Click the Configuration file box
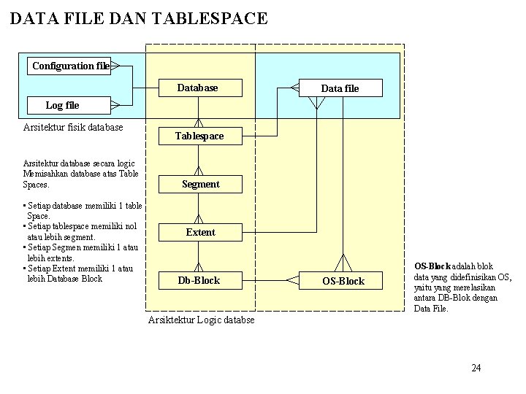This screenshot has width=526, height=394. click(70, 66)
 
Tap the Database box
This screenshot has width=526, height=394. click(198, 88)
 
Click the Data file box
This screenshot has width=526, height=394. click(340, 88)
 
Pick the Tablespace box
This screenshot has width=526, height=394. click(199, 136)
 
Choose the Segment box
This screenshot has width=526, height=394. click(200, 184)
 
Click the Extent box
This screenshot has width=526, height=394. click(200, 232)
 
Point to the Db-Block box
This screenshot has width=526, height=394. click(199, 280)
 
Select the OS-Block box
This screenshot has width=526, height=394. click(343, 281)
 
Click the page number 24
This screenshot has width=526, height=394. click(476, 367)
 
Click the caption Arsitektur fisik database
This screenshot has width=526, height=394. click(73, 127)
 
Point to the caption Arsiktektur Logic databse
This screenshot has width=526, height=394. click(201, 320)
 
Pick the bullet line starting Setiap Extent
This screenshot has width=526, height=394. click(80, 269)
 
